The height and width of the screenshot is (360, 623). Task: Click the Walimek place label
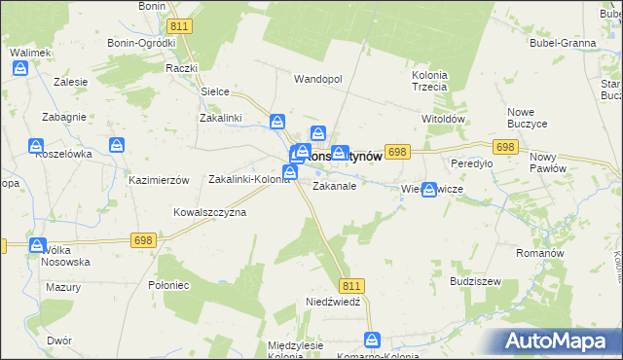[29, 52]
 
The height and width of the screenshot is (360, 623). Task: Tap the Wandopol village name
[318, 79]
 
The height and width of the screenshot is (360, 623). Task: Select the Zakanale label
[334, 185]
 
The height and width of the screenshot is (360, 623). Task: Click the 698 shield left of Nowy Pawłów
[504, 147]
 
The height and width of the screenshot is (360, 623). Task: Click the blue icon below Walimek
[21, 69]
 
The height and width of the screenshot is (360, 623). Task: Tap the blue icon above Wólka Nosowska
[38, 246]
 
